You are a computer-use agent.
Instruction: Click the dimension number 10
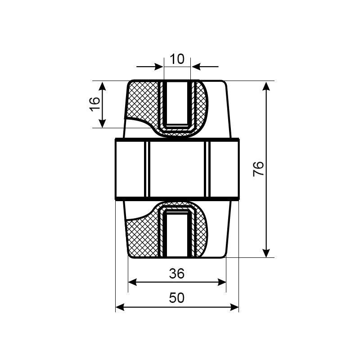click(x=177, y=59)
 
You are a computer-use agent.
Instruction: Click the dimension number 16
click(x=94, y=104)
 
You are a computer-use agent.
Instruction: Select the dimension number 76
click(x=258, y=169)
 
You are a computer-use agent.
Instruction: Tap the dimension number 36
click(x=177, y=274)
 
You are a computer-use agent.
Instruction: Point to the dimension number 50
click(x=177, y=298)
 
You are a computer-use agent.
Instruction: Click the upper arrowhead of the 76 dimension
click(x=266, y=86)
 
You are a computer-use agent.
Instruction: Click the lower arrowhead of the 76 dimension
click(x=266, y=253)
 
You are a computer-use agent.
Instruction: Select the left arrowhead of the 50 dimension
click(x=120, y=307)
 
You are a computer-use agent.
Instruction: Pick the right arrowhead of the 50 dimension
click(x=234, y=307)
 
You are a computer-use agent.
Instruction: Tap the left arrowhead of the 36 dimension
click(x=132, y=282)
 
